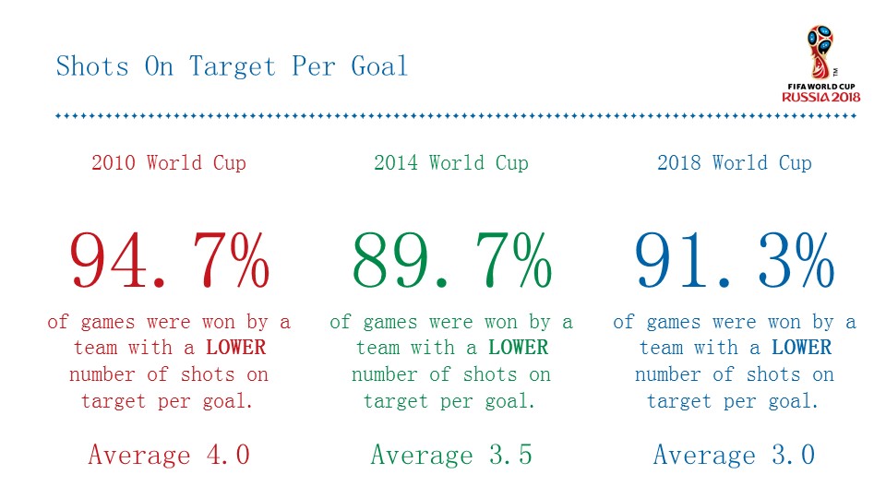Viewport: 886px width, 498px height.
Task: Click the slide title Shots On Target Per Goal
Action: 232,67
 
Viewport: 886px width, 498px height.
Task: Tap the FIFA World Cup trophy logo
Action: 820,53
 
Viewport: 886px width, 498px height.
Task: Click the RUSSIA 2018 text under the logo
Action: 821,97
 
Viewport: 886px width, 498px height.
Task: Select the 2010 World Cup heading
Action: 169,163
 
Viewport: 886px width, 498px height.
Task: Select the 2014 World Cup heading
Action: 451,163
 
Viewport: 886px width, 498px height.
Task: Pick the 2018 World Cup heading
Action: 735,163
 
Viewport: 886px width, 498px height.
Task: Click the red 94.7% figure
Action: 170,261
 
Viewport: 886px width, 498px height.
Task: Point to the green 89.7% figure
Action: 452,261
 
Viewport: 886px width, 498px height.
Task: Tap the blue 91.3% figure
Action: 735,261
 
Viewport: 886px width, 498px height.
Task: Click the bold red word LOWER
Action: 235,349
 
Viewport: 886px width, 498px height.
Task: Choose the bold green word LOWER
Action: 518,349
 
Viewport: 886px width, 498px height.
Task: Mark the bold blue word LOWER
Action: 801,349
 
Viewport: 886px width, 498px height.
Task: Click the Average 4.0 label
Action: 169,455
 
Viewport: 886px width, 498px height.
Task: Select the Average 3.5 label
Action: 451,455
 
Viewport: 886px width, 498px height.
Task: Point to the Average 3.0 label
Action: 735,455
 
